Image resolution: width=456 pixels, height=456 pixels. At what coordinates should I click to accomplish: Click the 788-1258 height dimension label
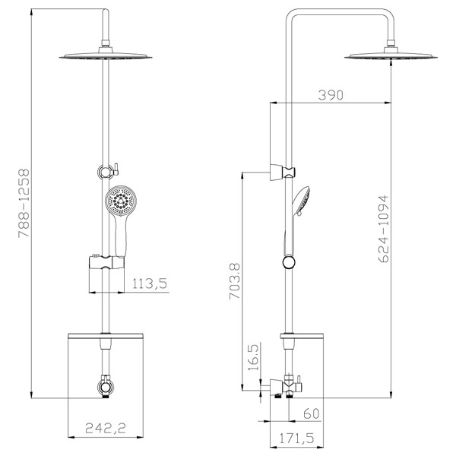[24, 203]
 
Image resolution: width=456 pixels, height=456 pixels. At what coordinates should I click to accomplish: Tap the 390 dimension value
[331, 95]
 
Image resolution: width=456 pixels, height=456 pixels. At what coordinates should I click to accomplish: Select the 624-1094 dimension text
[383, 229]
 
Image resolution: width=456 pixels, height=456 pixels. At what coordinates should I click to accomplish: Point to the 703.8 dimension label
[235, 281]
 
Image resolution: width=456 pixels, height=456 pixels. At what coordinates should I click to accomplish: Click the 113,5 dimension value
[150, 283]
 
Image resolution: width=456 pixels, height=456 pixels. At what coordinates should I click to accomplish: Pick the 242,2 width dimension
[106, 428]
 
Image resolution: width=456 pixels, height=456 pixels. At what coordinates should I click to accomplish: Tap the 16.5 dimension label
[254, 358]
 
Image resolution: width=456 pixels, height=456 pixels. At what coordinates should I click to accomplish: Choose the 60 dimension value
[311, 413]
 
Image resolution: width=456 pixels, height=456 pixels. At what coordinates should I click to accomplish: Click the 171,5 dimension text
[297, 439]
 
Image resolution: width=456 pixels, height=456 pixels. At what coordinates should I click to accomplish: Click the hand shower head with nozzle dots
[121, 201]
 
